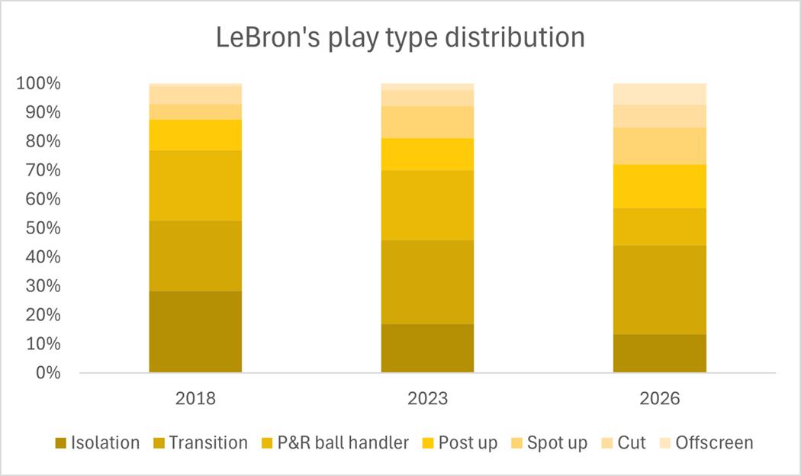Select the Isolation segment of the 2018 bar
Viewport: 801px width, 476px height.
tap(195, 332)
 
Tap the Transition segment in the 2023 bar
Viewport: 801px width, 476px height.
tap(427, 282)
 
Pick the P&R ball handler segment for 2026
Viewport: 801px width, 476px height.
tap(660, 227)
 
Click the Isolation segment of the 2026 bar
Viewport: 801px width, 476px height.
tap(660, 353)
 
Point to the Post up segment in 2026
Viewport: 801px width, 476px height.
tap(660, 186)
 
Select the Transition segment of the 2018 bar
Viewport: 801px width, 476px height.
tap(195, 256)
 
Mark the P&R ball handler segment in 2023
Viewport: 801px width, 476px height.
tap(427, 205)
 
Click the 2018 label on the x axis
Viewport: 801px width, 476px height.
tap(195, 398)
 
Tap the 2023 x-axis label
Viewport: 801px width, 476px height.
tap(427, 398)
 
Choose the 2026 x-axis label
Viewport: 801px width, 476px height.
tap(660, 398)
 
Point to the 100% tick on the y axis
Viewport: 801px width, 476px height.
tap(37, 83)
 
